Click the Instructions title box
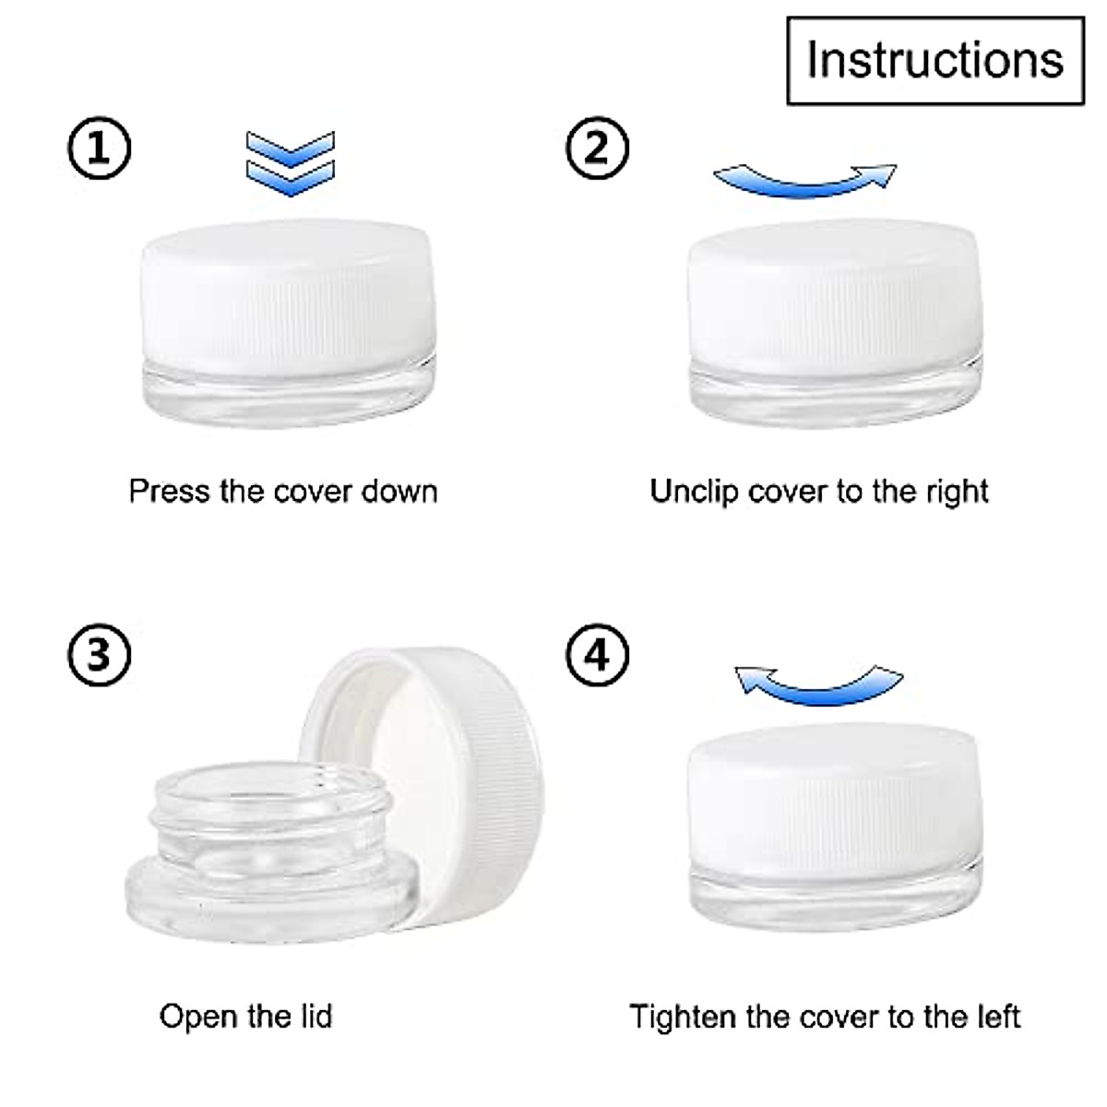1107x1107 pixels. (x=934, y=60)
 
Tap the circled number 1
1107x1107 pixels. (x=100, y=148)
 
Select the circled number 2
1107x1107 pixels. (x=597, y=148)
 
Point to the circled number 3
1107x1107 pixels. (x=100, y=655)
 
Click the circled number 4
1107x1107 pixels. (x=597, y=655)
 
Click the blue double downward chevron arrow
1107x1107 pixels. (x=290, y=163)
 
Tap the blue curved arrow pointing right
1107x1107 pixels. (x=805, y=180)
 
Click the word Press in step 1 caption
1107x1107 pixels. (x=169, y=491)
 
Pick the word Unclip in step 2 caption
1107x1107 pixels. (x=695, y=491)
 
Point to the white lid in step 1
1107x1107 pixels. (x=290, y=295)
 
